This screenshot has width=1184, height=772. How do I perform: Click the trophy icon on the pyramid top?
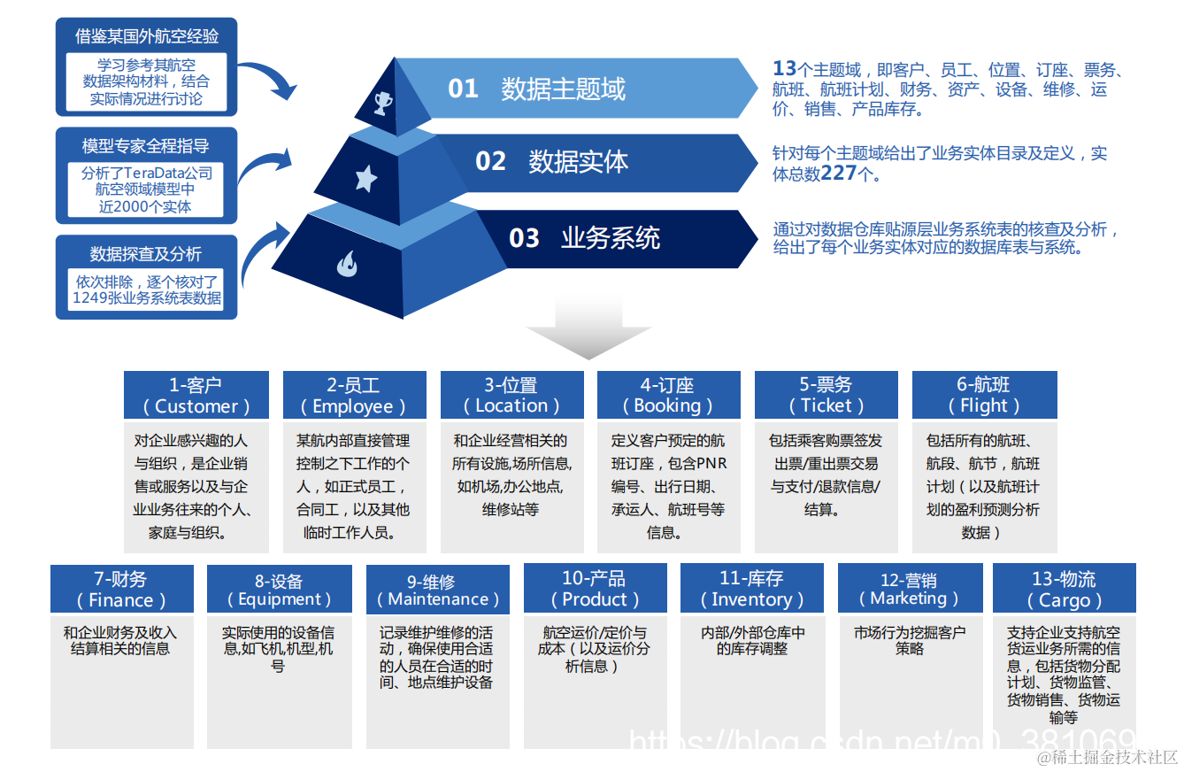[383, 104]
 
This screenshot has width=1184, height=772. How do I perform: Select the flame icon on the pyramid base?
[346, 263]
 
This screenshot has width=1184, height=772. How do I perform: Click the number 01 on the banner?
[463, 89]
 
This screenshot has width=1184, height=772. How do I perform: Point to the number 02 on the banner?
[490, 161]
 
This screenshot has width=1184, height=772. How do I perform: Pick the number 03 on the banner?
[524, 238]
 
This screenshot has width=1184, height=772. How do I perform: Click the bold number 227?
[838, 174]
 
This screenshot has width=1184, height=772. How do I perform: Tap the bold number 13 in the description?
[784, 69]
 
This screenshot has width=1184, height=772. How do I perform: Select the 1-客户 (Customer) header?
[196, 395]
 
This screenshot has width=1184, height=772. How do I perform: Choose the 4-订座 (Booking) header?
[667, 395]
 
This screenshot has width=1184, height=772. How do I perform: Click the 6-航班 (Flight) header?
[983, 395]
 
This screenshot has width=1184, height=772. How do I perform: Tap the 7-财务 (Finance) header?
[121, 590]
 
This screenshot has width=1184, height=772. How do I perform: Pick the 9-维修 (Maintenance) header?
[437, 590]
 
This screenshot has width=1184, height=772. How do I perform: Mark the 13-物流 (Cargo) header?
[1064, 590]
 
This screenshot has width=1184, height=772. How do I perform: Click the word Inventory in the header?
[751, 600]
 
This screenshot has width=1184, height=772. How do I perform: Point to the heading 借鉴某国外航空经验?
[147, 36]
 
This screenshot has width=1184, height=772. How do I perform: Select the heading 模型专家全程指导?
[146, 145]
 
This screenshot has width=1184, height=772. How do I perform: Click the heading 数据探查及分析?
[146, 254]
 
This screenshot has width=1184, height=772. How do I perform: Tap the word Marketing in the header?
[909, 598]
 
